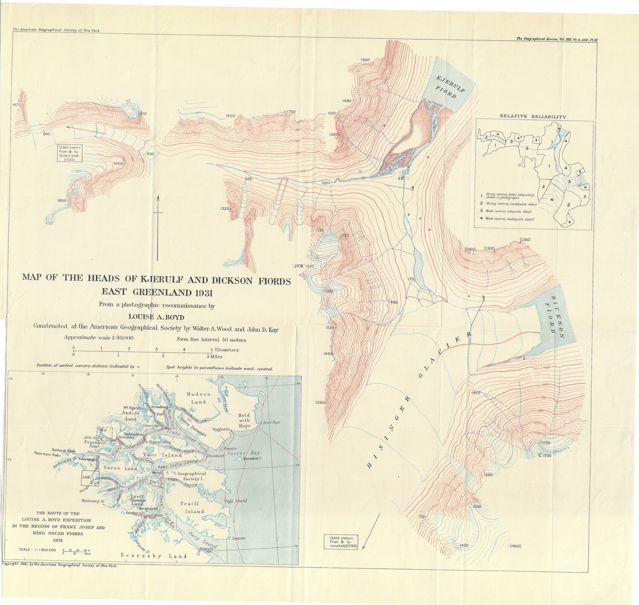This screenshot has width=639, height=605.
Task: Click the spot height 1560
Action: tap(365, 60)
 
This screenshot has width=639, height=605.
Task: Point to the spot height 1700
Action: tap(291, 112)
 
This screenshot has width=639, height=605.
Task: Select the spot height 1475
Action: tap(17, 105)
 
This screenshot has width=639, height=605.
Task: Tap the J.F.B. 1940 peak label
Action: tap(303, 267)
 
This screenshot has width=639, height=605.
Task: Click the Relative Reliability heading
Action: tap(533, 116)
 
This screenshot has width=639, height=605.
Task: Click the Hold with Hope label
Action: tap(245, 420)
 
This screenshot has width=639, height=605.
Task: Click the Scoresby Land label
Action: tap(154, 556)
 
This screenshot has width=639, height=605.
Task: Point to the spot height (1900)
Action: tap(515, 546)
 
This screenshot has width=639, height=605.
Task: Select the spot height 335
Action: tap(248, 179)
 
